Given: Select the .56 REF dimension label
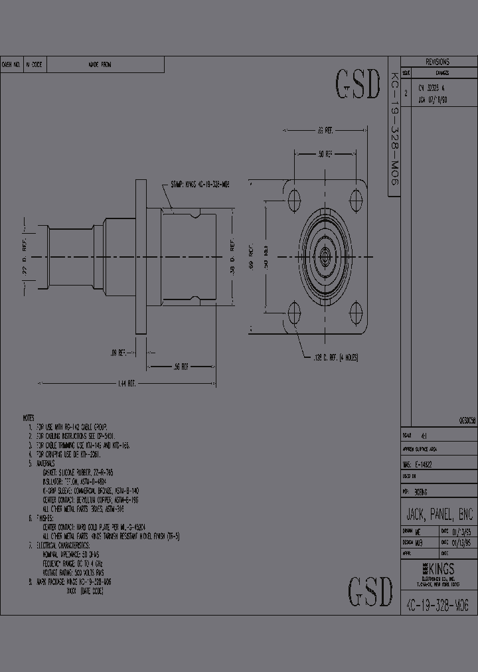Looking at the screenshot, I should pos(180,367).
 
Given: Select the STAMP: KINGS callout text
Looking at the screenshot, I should pos(200,184).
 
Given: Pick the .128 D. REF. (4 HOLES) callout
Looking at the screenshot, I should pos(335,357).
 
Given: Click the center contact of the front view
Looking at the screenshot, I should pos(325,254).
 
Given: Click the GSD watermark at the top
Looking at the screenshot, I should pos(358,84).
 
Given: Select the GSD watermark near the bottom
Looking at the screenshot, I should pos(370,591).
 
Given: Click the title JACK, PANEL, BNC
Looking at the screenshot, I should pos(439,515).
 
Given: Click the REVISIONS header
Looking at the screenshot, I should pos(438,62).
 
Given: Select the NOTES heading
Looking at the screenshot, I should pos(28,418).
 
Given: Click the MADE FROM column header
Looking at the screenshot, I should pos(100,65).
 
